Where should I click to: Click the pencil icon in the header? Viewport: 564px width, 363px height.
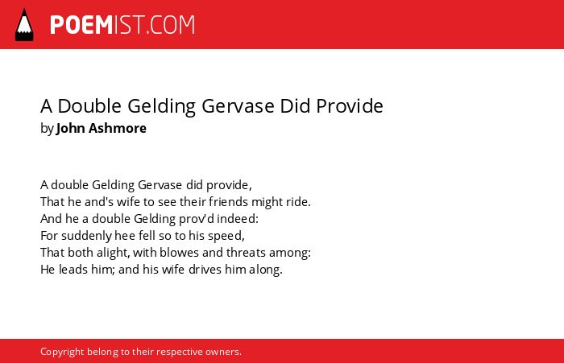coord(24,25)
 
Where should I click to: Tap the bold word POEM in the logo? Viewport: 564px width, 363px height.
coord(81,25)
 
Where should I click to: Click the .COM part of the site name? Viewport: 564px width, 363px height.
coord(171,25)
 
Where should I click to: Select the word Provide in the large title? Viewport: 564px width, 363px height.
coord(349,106)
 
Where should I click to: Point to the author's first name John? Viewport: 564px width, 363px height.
coord(70,128)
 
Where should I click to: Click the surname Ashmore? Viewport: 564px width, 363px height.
coord(118,128)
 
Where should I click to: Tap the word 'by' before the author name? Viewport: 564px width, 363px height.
coord(47,129)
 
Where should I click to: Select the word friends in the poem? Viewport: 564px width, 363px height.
coord(228,202)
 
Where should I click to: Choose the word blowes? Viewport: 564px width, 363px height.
coord(179,252)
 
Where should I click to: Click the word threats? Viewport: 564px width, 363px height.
coord(246,252)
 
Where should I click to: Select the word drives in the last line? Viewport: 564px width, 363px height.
coord(205,269)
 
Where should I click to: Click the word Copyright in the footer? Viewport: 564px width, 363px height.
coord(62,352)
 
